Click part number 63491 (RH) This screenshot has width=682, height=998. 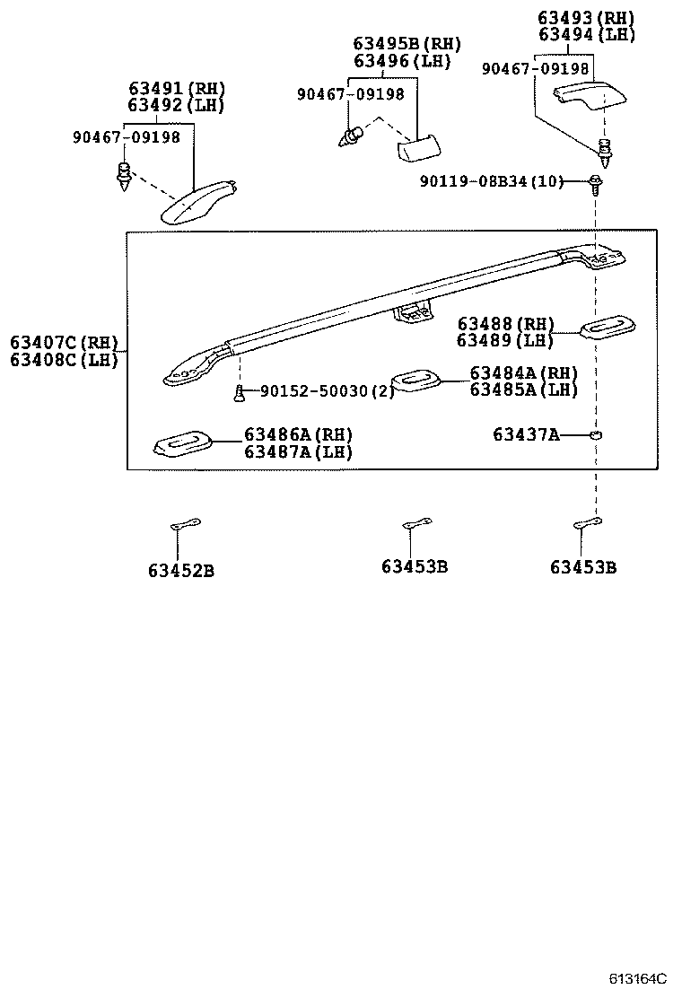point(176,89)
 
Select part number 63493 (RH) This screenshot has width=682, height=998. point(586,17)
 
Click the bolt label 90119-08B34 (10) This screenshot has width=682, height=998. point(491,182)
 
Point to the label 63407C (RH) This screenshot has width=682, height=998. point(64,343)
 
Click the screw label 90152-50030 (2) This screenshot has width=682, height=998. point(327,391)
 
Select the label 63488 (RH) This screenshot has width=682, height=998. point(505,324)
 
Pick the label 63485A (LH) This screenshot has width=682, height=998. point(523,390)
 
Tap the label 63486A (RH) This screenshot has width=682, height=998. point(298,435)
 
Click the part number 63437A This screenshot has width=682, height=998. point(525,435)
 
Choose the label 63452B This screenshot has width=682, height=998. point(180,570)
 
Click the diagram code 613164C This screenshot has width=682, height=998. point(641,979)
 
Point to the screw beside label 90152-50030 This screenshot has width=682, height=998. point(240,391)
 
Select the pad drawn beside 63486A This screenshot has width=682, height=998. point(184,442)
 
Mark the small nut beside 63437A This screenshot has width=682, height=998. point(595,435)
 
